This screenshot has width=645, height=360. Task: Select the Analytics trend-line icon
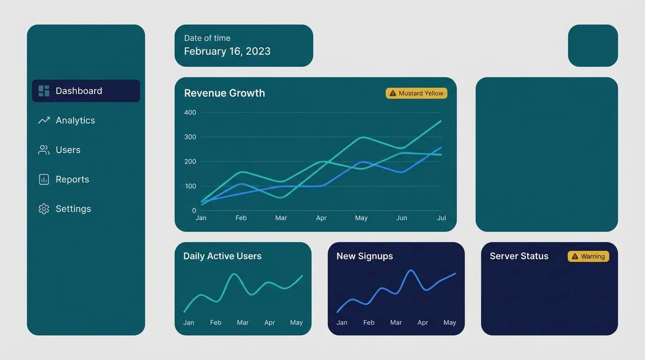pos(44,120)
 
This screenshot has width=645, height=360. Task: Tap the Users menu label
pos(68,150)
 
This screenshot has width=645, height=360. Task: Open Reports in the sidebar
pos(72,180)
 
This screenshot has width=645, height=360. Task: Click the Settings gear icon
pos(44,209)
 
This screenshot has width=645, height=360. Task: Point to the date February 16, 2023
pos(227,51)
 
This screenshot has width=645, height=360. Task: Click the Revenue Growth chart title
pos(225,93)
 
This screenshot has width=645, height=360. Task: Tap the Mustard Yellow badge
pos(416,93)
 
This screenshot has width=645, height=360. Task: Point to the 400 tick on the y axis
pos(190,112)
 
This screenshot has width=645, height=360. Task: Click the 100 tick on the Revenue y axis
pos(190,186)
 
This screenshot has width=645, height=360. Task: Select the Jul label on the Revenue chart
pos(442,218)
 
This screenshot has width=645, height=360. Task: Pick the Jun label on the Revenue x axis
pos(402,218)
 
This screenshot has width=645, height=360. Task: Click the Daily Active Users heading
pos(222,256)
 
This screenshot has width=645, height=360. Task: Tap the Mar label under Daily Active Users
pos(243,322)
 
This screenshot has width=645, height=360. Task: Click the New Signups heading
pos(365,256)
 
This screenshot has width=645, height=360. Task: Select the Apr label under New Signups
pos(423,322)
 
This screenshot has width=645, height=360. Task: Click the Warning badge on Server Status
pos(588,256)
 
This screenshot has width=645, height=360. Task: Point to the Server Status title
pos(519,256)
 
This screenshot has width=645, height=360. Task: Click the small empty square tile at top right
pos(593,45)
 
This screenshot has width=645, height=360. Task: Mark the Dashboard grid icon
pos(44,91)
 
